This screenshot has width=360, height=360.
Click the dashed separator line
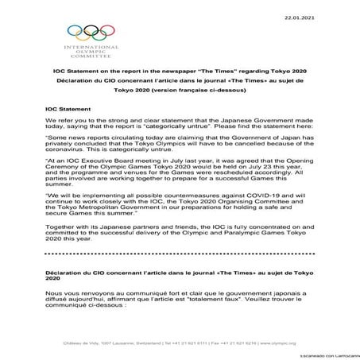point(180,276)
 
